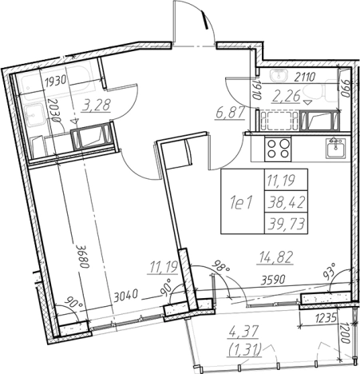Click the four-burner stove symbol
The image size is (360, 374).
tap(278, 149)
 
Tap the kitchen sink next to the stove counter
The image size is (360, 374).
tap(336, 148)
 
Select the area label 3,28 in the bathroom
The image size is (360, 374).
tap(96, 105)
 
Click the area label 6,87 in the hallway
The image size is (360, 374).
tap(230, 113)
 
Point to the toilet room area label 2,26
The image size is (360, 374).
tap(286, 96)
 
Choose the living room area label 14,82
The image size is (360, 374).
tap(275, 257)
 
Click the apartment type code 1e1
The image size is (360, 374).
tap(242, 204)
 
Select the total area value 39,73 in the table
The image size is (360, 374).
tap(287, 224)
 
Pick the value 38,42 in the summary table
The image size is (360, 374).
tap(287, 203)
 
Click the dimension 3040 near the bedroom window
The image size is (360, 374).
tap(125, 296)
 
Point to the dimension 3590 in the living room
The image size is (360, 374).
tap(273, 280)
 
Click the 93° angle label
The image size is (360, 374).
tap(330, 271)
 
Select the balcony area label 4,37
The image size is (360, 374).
tap(243, 333)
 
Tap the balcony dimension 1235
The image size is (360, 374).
tap(326, 318)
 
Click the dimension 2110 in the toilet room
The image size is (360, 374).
tap(305, 78)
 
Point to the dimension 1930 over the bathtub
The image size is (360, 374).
tap(55, 81)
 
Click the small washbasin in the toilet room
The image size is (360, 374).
tap(279, 74)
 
